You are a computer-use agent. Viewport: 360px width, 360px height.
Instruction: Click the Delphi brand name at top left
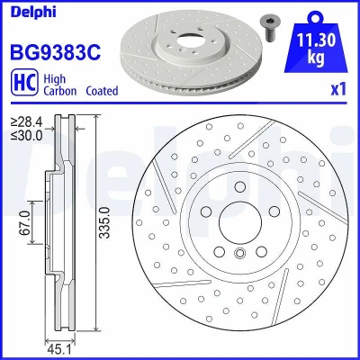point(33,13)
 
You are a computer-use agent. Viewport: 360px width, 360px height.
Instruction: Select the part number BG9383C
point(56,52)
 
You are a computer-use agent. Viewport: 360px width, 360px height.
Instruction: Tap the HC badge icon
point(24,82)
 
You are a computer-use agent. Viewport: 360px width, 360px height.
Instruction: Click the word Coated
point(102,91)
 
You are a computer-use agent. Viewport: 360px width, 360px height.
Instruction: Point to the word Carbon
point(60,91)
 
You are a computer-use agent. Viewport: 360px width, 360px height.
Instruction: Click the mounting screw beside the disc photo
point(268,28)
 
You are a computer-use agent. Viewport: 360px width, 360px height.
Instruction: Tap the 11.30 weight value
point(316,40)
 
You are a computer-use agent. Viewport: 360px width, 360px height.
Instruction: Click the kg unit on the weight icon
point(316,57)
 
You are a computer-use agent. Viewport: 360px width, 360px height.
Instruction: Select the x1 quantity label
point(338,89)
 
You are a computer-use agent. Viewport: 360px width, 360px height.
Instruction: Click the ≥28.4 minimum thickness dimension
point(27,122)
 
